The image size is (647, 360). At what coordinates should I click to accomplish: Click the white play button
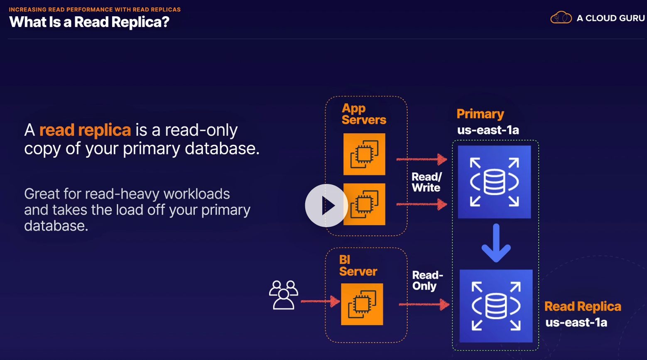tap(326, 206)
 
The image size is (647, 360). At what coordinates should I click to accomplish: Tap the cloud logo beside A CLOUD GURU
tap(561, 18)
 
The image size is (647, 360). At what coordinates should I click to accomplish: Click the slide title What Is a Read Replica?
tap(89, 22)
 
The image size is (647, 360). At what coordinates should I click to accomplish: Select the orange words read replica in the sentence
tap(85, 130)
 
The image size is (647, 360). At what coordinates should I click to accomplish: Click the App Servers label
tap(363, 114)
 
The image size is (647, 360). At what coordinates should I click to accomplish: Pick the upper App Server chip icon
tap(364, 154)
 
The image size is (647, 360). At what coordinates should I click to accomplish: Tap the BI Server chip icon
tap(362, 304)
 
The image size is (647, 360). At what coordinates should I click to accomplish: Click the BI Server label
tap(358, 266)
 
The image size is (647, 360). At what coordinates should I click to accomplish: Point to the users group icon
tap(284, 295)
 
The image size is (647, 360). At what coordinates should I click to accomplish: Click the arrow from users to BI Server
tap(320, 301)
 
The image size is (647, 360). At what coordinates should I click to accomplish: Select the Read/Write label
tap(426, 182)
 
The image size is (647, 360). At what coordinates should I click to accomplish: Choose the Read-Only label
tap(427, 281)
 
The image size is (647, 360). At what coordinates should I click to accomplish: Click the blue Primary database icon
tap(494, 182)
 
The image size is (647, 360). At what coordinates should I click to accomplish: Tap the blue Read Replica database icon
tap(496, 306)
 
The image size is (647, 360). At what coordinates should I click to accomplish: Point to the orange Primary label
tap(480, 114)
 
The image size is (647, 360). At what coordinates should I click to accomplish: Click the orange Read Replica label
tap(582, 306)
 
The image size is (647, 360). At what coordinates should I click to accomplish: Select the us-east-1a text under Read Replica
tap(576, 323)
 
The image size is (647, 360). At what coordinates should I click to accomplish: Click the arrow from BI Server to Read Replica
tap(424, 305)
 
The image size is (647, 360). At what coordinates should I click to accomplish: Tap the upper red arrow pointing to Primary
tap(422, 159)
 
